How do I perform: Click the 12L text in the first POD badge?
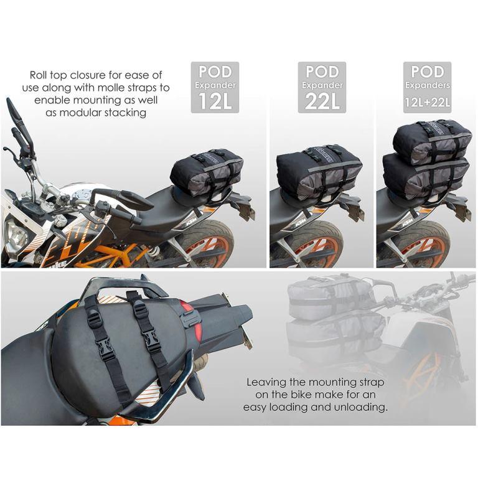click(x=215, y=101)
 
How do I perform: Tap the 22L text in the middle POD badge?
click(x=321, y=101)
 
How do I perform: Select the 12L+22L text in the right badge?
click(x=427, y=101)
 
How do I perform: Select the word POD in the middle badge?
click(x=321, y=71)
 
